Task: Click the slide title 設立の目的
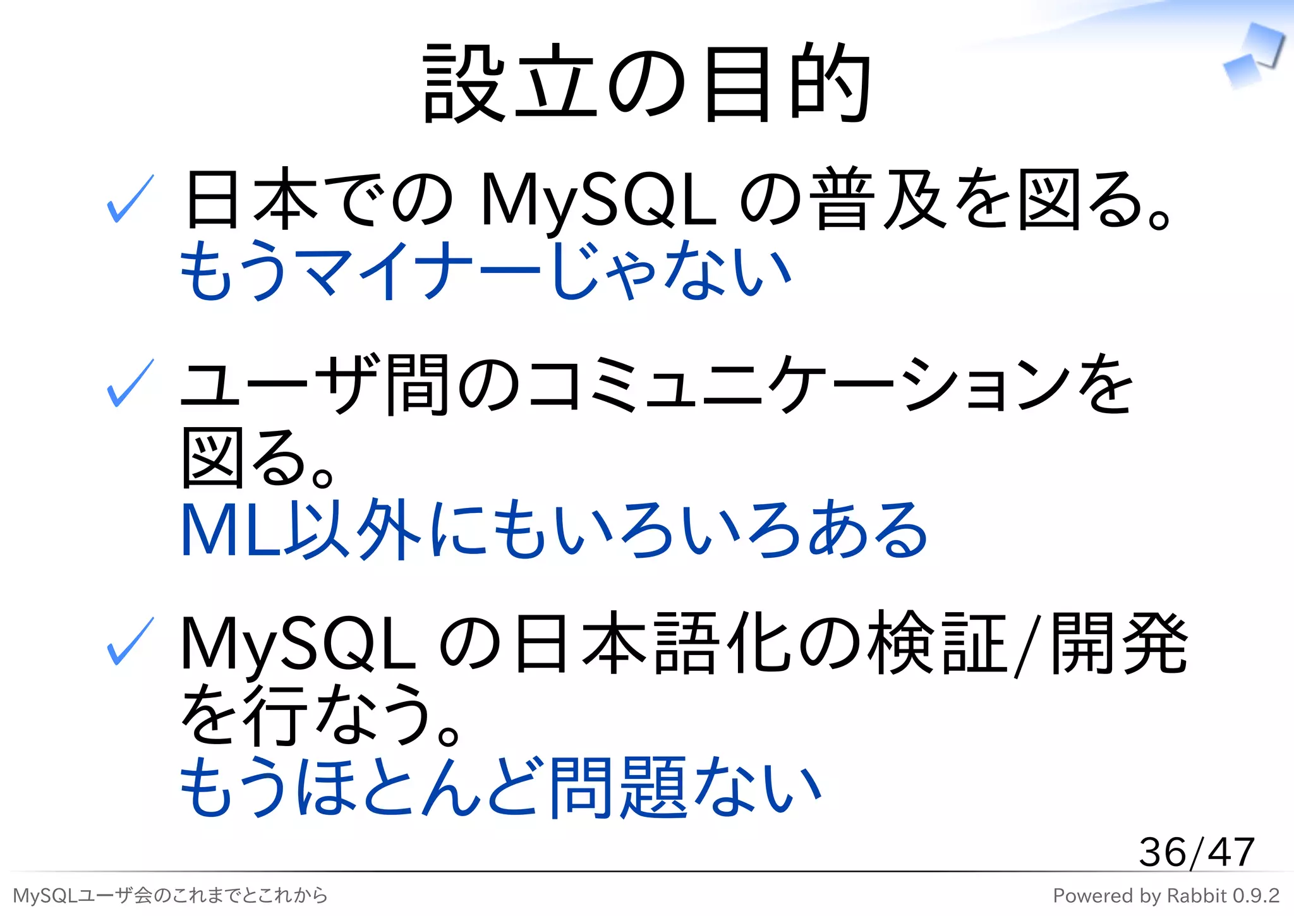click(647, 83)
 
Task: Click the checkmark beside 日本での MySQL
click(130, 199)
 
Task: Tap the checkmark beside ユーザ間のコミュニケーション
click(130, 383)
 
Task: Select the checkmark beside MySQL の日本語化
click(130, 641)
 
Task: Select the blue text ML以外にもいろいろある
click(553, 529)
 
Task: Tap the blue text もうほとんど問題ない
click(500, 787)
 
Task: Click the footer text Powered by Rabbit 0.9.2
click(1166, 896)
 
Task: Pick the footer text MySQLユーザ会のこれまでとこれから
click(171, 896)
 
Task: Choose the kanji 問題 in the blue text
click(618, 787)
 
